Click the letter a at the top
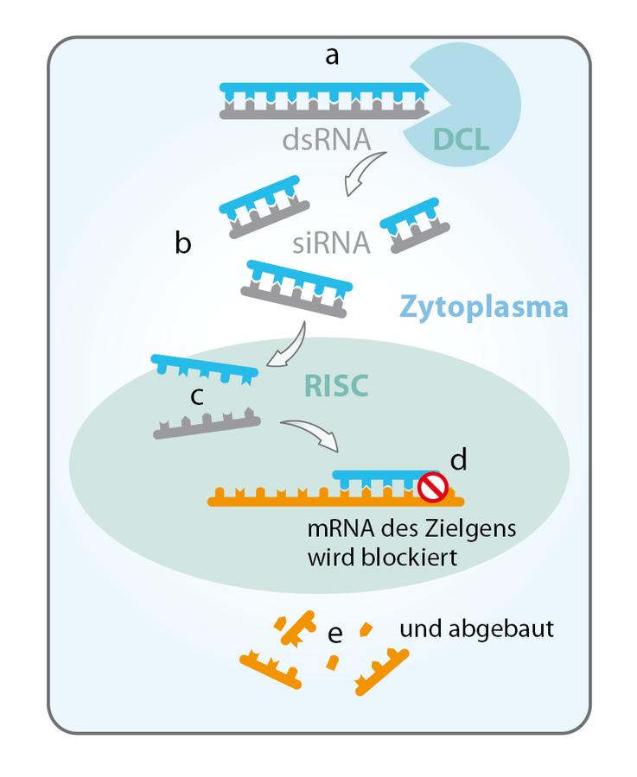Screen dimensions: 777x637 coord(331,58)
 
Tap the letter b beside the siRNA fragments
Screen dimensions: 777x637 coord(183,244)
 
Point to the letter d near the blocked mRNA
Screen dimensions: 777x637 coord(458,459)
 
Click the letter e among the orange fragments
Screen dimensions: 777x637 coord(335,635)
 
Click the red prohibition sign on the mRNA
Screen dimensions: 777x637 coord(430,489)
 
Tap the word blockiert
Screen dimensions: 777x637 coord(404,557)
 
